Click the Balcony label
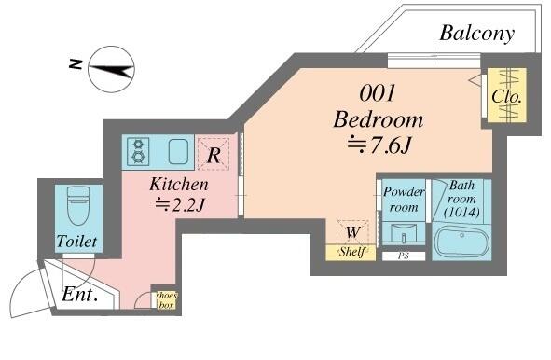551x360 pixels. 476,35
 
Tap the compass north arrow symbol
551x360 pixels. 111,69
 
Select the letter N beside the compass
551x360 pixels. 76,64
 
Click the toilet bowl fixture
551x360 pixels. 78,206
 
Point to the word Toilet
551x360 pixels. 77,242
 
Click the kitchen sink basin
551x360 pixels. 178,151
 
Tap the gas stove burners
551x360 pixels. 138,151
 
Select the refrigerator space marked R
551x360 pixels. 214,154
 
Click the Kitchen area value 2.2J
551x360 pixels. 180,204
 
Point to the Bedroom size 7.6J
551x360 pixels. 379,145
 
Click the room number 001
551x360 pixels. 378,93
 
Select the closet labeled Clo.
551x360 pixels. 507,95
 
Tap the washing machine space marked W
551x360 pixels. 352,232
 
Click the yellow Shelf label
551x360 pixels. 351,252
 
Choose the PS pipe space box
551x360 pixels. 404,256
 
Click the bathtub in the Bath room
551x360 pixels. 461,242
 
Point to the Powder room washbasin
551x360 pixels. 404,233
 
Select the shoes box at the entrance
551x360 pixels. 166,300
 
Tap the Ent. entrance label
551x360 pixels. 79,295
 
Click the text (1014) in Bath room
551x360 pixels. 461,213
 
